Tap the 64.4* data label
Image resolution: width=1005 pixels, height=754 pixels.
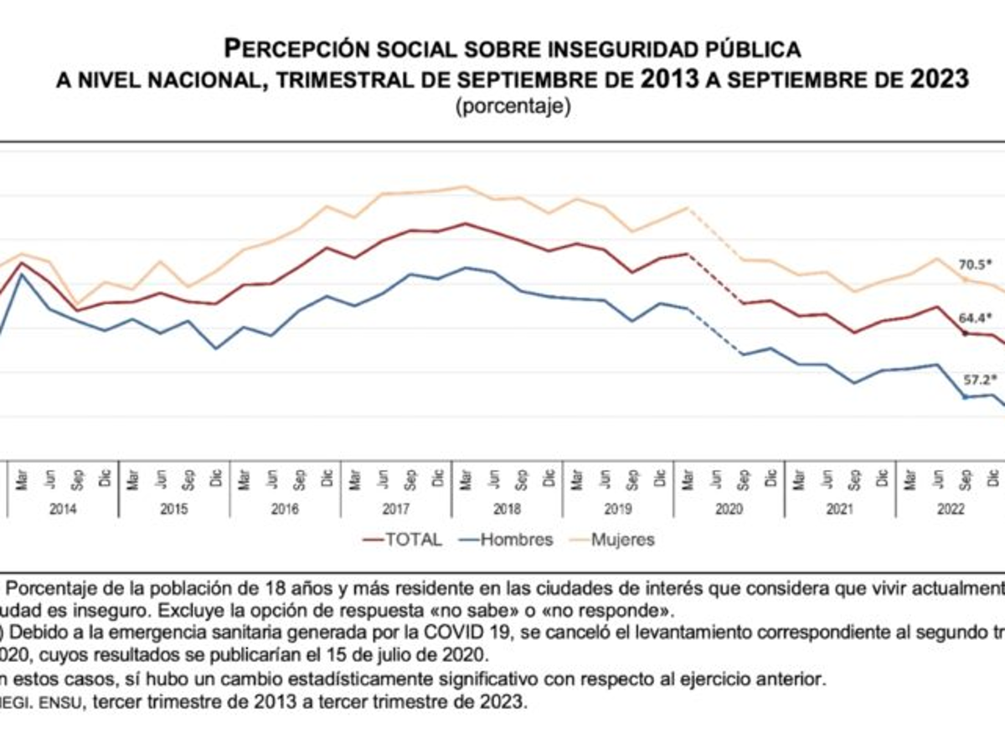(x=976, y=318)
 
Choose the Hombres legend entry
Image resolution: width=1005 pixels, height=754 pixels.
(x=506, y=540)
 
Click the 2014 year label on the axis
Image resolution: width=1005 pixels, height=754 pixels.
(x=63, y=509)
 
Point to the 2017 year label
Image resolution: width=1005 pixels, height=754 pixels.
(x=395, y=509)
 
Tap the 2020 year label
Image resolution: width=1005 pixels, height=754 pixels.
(x=729, y=509)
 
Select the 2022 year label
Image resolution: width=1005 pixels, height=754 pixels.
(x=951, y=509)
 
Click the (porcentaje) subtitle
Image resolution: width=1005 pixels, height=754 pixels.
(x=513, y=107)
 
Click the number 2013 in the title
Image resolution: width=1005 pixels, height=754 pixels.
(x=670, y=80)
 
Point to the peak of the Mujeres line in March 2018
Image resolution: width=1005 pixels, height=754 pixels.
(x=466, y=187)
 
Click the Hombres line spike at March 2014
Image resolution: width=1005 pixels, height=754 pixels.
(x=22, y=275)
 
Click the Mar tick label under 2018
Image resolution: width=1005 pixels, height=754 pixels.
(x=466, y=479)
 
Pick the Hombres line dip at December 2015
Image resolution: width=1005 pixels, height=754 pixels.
(x=216, y=349)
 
